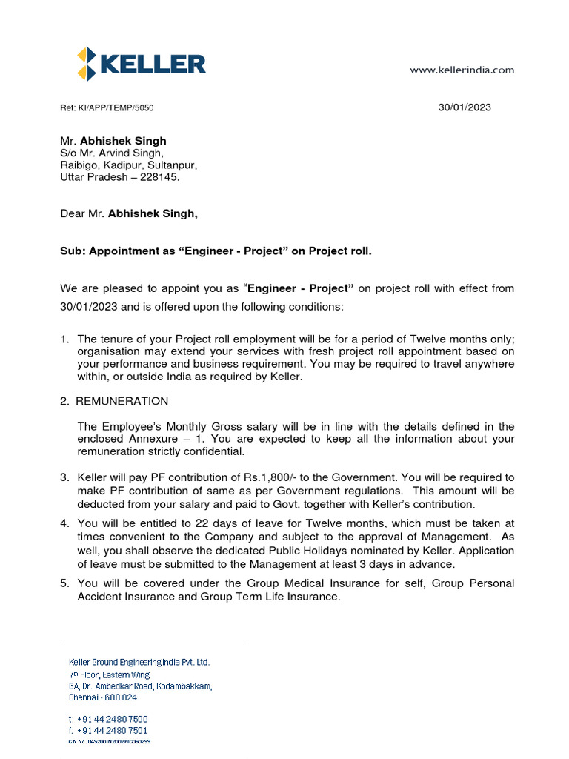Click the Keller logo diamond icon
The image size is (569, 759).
click(x=86, y=64)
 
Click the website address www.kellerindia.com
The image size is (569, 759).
click(x=462, y=70)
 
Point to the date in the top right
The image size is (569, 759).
click(x=465, y=107)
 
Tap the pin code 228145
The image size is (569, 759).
click(x=159, y=178)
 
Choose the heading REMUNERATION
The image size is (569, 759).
click(x=122, y=401)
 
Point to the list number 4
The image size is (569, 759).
click(x=64, y=523)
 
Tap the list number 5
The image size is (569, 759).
click(x=64, y=584)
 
